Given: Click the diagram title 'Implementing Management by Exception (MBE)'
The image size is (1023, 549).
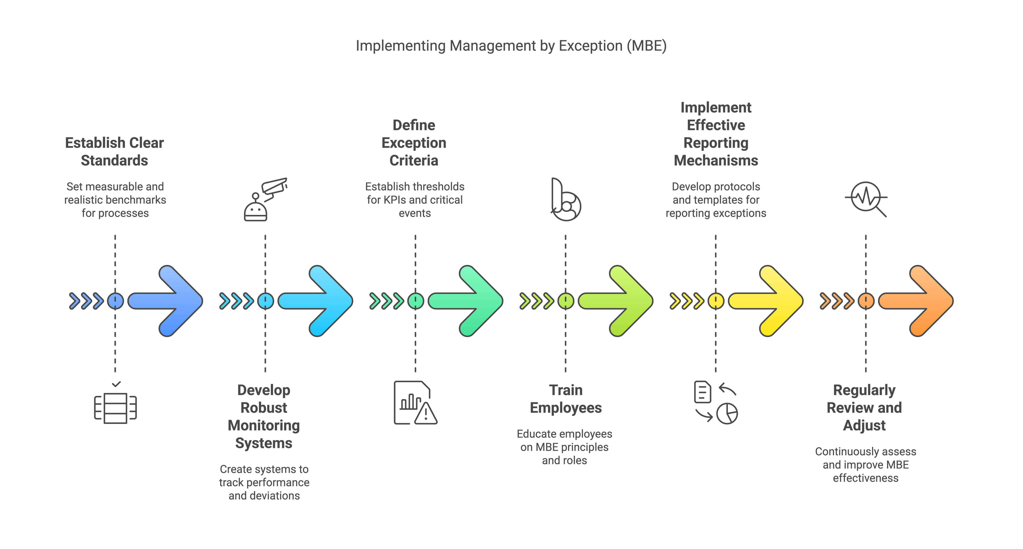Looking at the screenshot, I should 511,46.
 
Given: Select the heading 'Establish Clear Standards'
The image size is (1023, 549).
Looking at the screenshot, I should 114,152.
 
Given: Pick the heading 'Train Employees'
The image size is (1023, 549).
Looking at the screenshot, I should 565,399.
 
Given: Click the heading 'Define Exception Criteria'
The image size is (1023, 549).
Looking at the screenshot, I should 414,143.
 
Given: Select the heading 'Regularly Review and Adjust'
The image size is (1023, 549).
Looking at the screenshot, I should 865,408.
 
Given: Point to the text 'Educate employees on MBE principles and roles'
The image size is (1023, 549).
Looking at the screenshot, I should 564,447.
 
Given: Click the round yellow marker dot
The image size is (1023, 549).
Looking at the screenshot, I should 716,301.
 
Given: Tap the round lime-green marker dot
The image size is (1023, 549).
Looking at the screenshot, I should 565,301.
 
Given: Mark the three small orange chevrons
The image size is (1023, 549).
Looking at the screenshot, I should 837,301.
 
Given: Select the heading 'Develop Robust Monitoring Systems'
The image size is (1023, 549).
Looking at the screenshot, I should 264,417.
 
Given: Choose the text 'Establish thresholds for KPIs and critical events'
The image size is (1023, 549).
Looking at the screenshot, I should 415,200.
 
